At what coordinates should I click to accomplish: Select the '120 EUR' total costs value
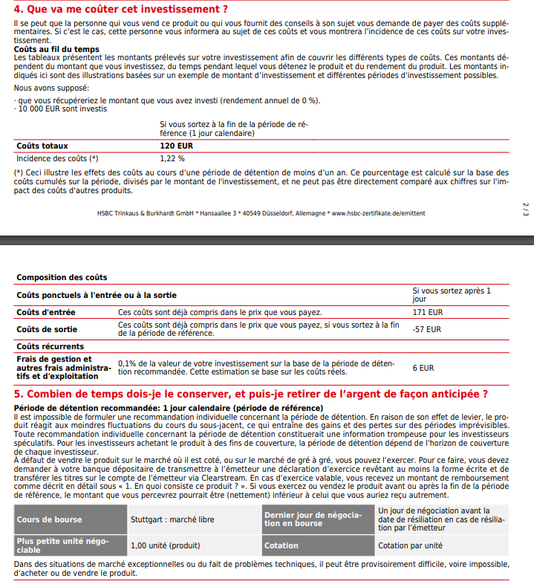[176, 146]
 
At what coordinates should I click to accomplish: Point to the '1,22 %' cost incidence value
[172, 158]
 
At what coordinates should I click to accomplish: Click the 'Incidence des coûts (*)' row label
[57, 158]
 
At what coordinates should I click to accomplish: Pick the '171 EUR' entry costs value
[428, 313]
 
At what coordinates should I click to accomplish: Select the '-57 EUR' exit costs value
[427, 329]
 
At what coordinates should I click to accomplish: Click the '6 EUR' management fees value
[423, 367]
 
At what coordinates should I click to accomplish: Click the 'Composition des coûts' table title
[62, 277]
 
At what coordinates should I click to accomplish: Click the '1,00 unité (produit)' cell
[164, 545]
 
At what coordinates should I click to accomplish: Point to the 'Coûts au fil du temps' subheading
[56, 49]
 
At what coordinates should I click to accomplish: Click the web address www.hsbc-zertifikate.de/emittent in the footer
[378, 213]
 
